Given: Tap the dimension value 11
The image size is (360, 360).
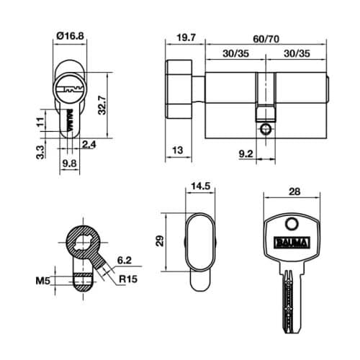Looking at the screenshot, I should click(40, 123).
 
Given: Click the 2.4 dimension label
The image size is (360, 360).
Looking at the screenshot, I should click(90, 145).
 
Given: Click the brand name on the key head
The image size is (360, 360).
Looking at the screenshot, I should click(292, 242).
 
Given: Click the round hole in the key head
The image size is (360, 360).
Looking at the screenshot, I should click(291, 223).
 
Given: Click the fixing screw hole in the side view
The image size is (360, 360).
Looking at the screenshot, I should click(265, 130).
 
